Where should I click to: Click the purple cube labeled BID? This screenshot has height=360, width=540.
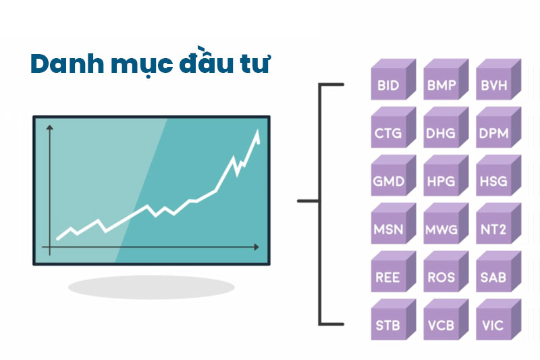[x=389, y=86]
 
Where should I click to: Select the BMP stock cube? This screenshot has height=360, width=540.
[x=441, y=86]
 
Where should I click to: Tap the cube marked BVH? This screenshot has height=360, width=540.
[x=494, y=86]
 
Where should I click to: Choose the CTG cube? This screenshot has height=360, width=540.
[x=389, y=134]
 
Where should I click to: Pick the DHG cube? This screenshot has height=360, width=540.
[x=441, y=134]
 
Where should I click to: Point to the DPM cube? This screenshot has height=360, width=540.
[x=494, y=134]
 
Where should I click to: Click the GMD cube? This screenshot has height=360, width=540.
[x=389, y=182]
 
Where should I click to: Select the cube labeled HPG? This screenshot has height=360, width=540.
[x=441, y=182]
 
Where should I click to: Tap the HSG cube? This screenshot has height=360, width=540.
[x=494, y=182]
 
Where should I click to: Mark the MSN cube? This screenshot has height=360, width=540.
[x=389, y=230]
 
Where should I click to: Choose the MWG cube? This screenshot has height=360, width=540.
[x=441, y=230]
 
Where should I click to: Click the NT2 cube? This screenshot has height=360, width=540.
[x=494, y=230]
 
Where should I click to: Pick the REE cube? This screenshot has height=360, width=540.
[x=389, y=278]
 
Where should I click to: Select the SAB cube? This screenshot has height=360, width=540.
[x=494, y=278]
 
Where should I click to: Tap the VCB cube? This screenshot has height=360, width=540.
[x=441, y=326]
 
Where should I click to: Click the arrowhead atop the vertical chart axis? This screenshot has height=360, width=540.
[x=49, y=130]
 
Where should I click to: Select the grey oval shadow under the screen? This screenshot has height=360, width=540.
[x=151, y=287]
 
